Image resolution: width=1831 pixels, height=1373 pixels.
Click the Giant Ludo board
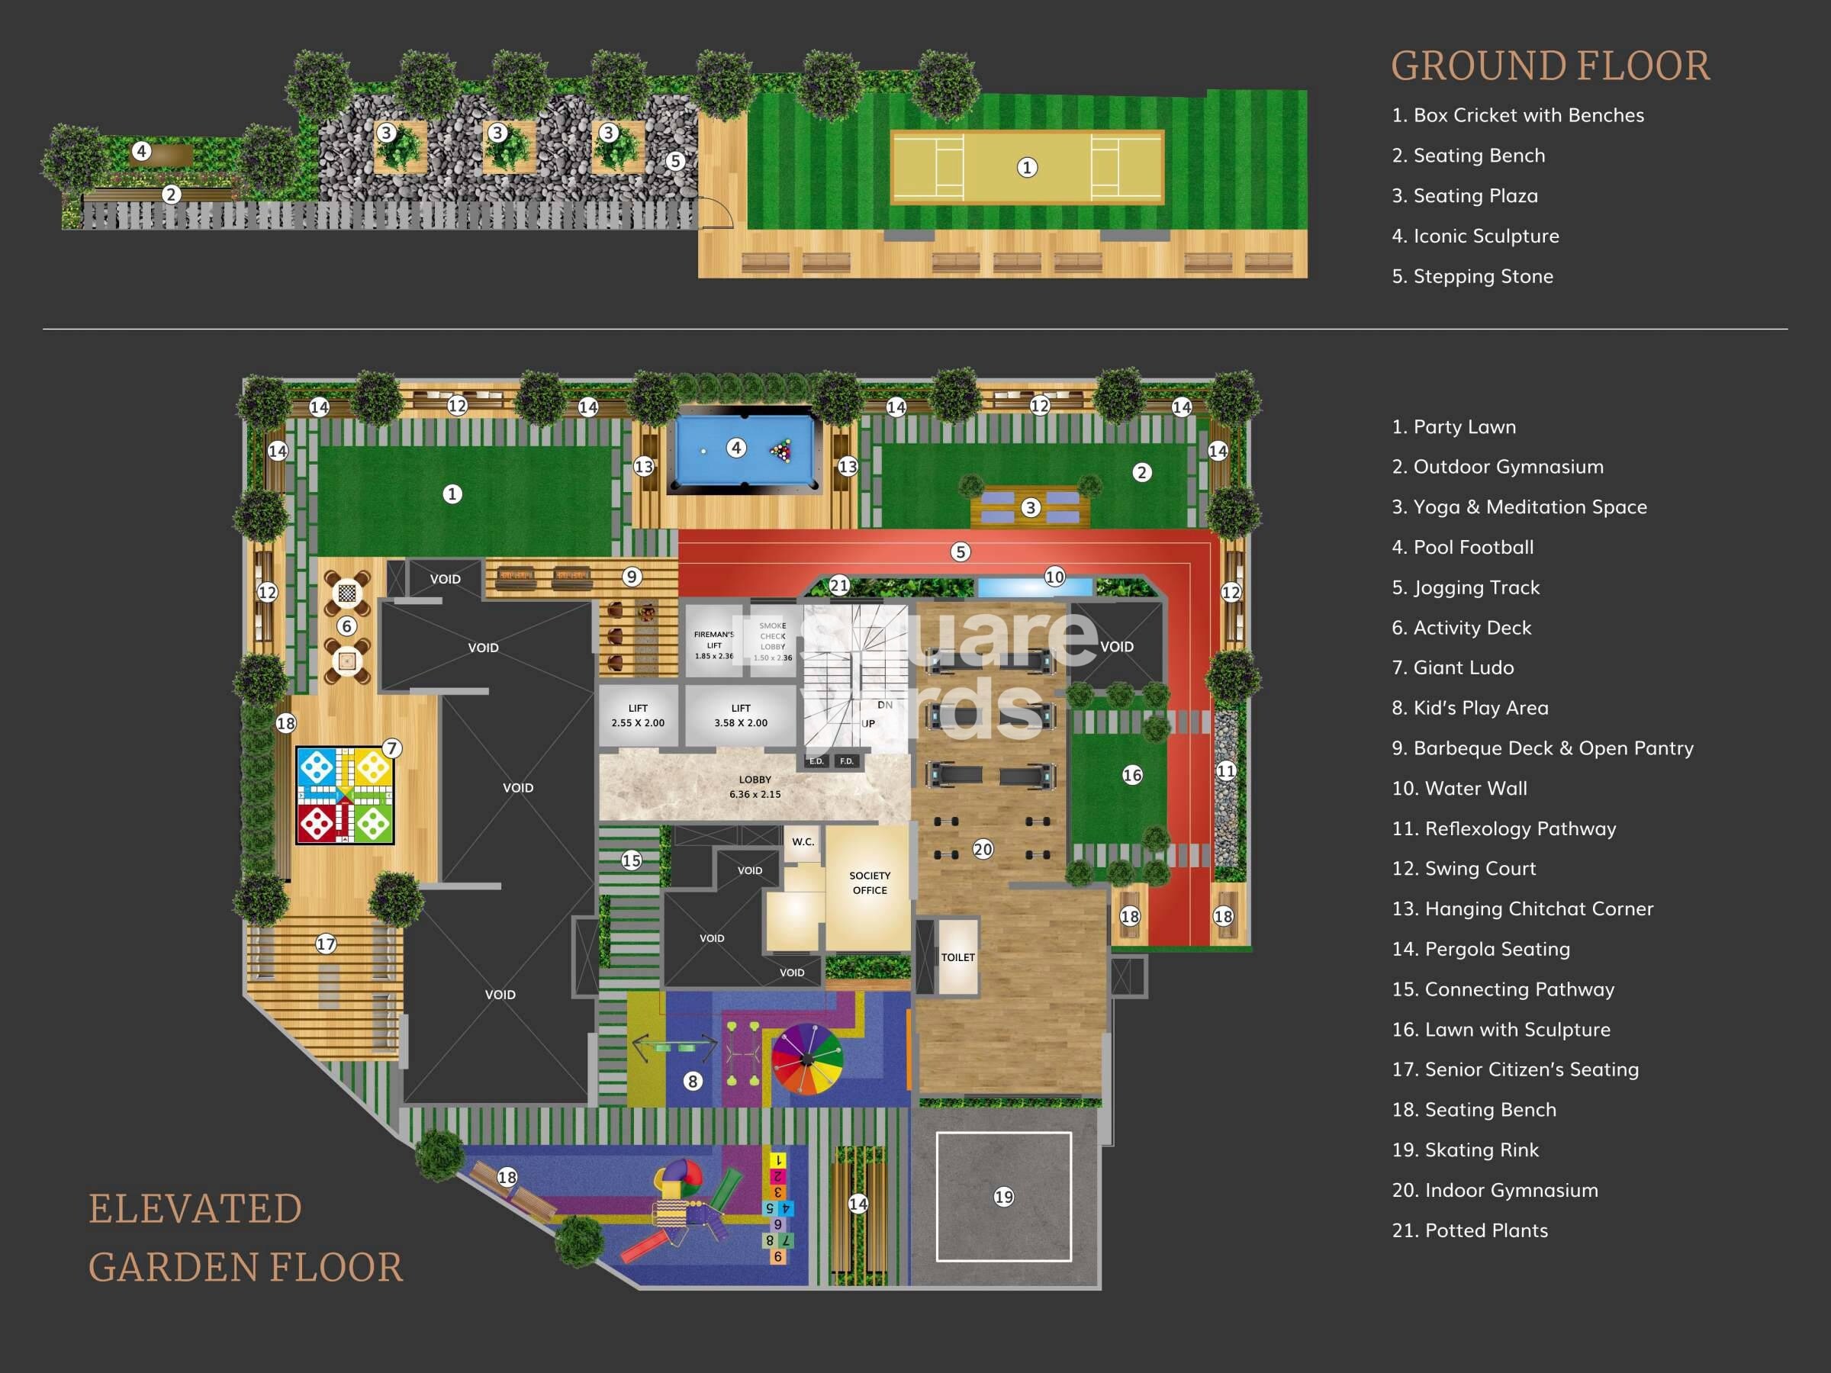tap(345, 796)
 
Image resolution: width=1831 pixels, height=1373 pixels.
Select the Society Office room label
tap(869, 883)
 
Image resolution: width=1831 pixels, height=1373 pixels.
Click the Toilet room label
tap(957, 957)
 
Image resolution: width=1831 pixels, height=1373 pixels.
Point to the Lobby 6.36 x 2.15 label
tap(754, 786)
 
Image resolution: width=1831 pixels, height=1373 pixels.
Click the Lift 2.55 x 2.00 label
tap(637, 715)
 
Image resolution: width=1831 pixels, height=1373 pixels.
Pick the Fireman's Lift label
tap(713, 645)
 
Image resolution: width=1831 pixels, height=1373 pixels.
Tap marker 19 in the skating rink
tap(1003, 1197)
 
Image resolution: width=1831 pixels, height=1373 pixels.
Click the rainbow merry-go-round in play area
tap(807, 1059)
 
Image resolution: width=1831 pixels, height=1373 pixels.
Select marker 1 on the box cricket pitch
tap(1026, 167)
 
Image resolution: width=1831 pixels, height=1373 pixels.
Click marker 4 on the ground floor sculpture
tap(142, 152)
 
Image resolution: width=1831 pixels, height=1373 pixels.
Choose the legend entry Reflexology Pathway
tap(1503, 828)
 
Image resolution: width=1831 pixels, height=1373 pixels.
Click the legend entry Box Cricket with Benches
tap(1517, 115)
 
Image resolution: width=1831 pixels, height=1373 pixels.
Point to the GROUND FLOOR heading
tap(1549, 66)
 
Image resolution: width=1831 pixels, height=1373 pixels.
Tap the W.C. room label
tap(802, 841)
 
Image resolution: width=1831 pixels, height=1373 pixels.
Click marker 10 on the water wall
tap(1054, 576)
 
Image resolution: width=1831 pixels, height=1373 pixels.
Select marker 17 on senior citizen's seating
tap(325, 944)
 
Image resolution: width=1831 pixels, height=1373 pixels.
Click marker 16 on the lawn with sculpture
tap(1131, 775)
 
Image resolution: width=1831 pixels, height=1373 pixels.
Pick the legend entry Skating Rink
tap(1464, 1150)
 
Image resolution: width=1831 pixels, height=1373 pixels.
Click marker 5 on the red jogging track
tap(960, 551)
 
